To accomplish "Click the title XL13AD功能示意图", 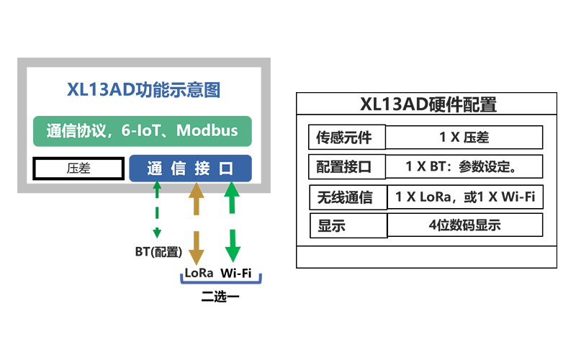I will pyautogui.click(x=143, y=91).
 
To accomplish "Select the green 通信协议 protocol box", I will pyautogui.click(x=143, y=131).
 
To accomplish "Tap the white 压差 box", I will pyautogui.click(x=77, y=168).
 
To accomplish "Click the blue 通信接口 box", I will pyautogui.click(x=190, y=168).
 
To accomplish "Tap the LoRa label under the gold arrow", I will pyautogui.click(x=199, y=273).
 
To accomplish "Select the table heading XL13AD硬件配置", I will pyautogui.click(x=428, y=104).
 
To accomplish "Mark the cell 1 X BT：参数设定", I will pyautogui.click(x=464, y=167).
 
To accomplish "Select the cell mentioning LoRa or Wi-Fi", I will pyautogui.click(x=464, y=197).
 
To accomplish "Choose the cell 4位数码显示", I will pyautogui.click(x=464, y=225).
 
